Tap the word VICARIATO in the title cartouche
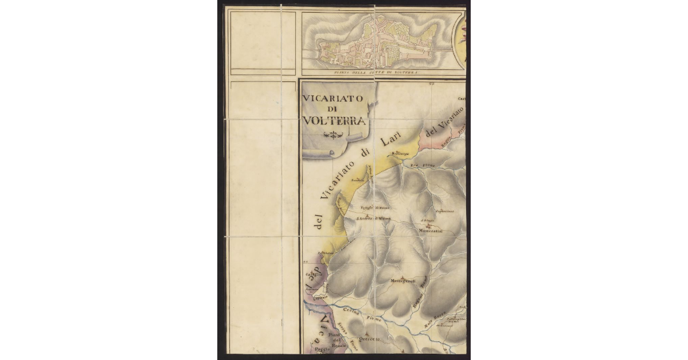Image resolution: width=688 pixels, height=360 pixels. coord(333,98)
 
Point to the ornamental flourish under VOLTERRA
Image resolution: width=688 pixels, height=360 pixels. coord(333,135)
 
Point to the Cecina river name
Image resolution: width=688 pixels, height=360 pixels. coord(351,312)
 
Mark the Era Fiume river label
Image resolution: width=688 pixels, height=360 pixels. coord(422,166)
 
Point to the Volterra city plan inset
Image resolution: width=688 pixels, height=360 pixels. coord(376,43)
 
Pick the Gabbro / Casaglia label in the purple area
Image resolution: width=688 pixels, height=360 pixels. coord(314,275)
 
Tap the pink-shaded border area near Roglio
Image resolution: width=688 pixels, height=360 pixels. coord(436,138)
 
